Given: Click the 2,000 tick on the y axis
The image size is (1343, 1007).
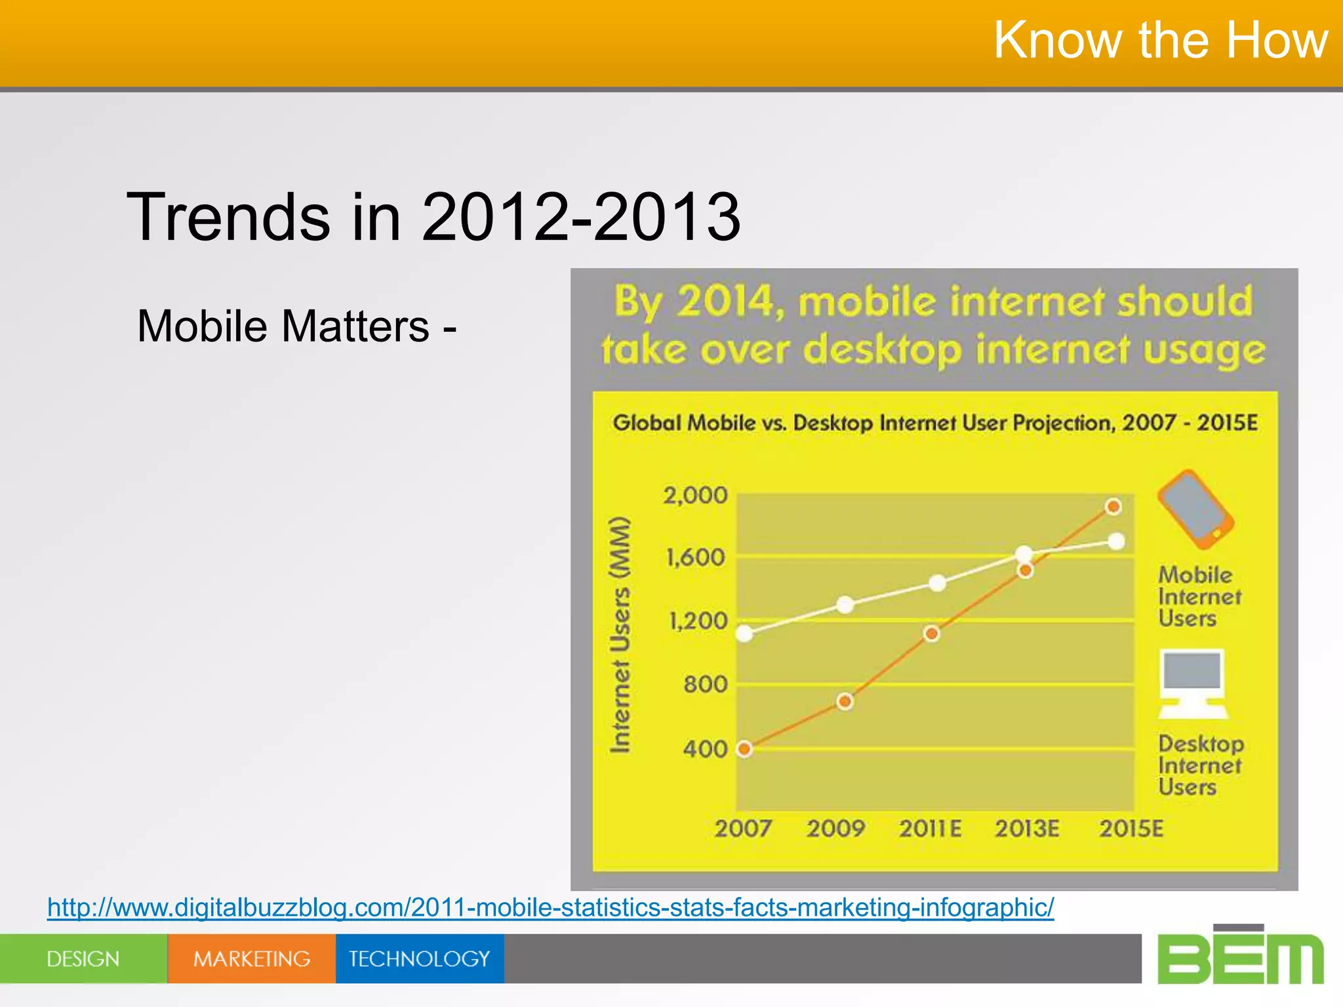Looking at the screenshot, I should click(695, 496).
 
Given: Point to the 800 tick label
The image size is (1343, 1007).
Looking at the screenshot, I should click(705, 684).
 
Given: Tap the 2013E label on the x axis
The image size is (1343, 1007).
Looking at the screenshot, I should click(1027, 829).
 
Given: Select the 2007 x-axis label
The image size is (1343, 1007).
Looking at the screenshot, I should click(743, 829).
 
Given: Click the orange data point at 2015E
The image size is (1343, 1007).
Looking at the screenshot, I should click(1113, 507).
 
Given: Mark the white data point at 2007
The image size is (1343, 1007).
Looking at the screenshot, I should click(744, 633).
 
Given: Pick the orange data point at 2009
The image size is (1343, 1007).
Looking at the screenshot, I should click(845, 701).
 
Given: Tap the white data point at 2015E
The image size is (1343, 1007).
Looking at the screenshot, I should click(1116, 542).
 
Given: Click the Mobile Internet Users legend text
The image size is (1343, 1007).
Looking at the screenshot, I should click(1199, 597).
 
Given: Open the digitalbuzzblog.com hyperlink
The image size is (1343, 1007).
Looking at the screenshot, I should click(550, 907).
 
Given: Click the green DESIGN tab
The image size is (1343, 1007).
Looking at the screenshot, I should click(83, 958).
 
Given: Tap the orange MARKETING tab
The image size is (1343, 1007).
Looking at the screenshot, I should click(252, 958).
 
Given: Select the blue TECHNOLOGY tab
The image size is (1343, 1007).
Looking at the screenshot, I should click(420, 958).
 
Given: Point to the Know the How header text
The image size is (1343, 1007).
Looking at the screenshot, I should click(1160, 41).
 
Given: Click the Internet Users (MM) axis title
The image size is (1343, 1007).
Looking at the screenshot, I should click(620, 635).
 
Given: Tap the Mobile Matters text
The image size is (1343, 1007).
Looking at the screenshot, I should click(296, 326).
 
